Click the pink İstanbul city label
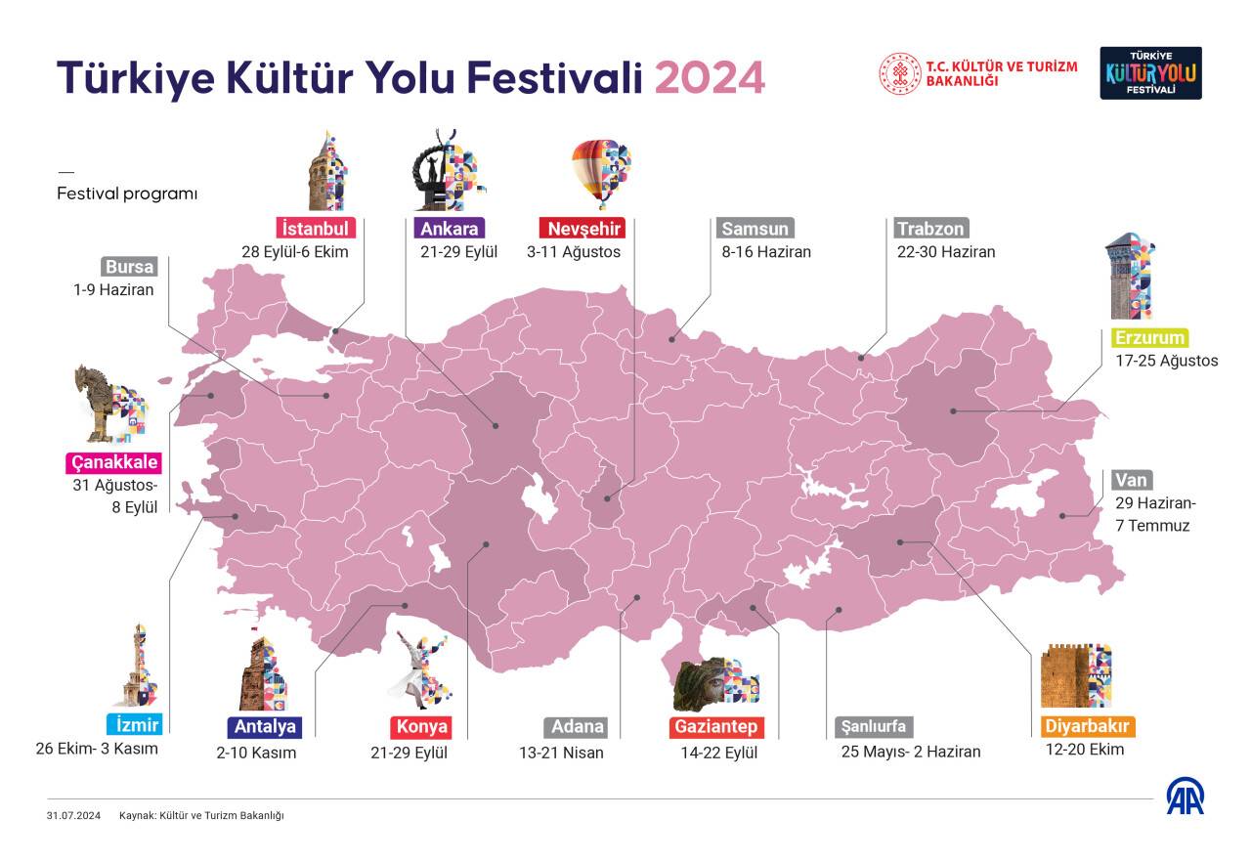click(x=314, y=229)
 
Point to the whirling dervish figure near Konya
click(x=420, y=669)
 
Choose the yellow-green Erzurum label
click(x=1149, y=338)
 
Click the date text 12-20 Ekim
click(x=1084, y=750)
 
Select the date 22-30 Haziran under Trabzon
click(x=946, y=251)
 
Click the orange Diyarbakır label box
click(x=1087, y=727)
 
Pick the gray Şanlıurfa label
click(x=875, y=727)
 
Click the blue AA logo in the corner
click(x=1185, y=797)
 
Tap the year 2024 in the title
click(x=710, y=78)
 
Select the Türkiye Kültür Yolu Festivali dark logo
click(x=1150, y=73)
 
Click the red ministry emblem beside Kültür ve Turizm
click(x=899, y=73)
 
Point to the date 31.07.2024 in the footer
click(x=73, y=815)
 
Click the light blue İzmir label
click(x=133, y=725)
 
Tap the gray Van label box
click(x=1132, y=480)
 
